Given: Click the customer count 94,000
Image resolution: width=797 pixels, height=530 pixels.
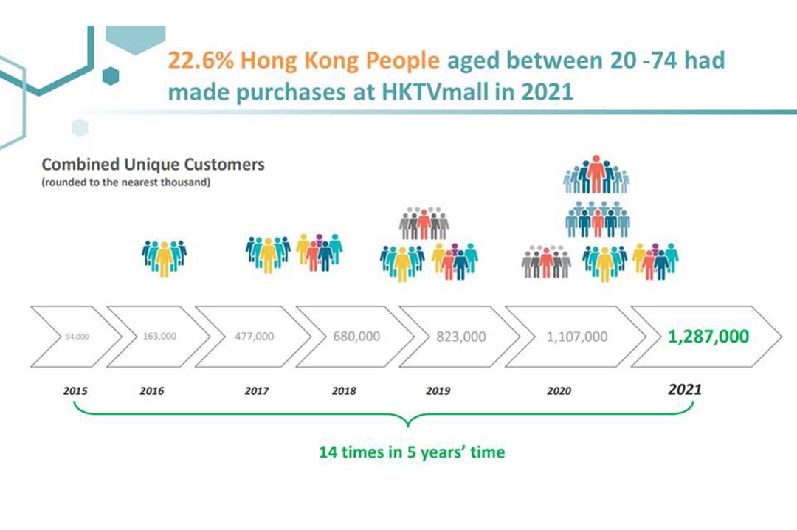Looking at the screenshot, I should coord(77,337).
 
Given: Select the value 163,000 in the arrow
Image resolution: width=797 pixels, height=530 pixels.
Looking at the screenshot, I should coord(159,336).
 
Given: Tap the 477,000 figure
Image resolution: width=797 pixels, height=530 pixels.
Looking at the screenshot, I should coord(254,336).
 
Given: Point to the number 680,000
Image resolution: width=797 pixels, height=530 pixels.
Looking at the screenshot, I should coord(356,336).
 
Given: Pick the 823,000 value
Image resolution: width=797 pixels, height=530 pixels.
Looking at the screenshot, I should coord(462,336).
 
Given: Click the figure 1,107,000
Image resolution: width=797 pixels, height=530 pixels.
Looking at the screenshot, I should coord(577,337).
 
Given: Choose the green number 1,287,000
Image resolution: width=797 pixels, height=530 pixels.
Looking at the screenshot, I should coord(708,337).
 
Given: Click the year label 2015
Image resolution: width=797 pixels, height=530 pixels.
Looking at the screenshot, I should coord(75,390).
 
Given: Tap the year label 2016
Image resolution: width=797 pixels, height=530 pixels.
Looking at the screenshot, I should coord(151,390).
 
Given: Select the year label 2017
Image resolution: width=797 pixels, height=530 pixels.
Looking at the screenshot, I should coord(256,390).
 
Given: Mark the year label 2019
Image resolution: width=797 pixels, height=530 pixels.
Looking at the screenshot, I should coord(438,390).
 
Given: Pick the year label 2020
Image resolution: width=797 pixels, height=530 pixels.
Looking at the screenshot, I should coord(559,390).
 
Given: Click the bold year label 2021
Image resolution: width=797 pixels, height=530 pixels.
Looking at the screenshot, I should coord(684,389).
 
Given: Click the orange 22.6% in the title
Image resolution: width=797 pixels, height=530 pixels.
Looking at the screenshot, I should coord(196,60).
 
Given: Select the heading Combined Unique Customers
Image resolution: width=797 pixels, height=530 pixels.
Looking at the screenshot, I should coord(153,164).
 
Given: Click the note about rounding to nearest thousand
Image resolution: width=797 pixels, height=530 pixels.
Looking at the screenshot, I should coord(125,182).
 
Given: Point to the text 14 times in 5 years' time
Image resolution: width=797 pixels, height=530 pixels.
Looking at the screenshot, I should coord(412,452).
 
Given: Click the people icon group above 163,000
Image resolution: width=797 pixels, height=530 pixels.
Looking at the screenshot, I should coord(164,257).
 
